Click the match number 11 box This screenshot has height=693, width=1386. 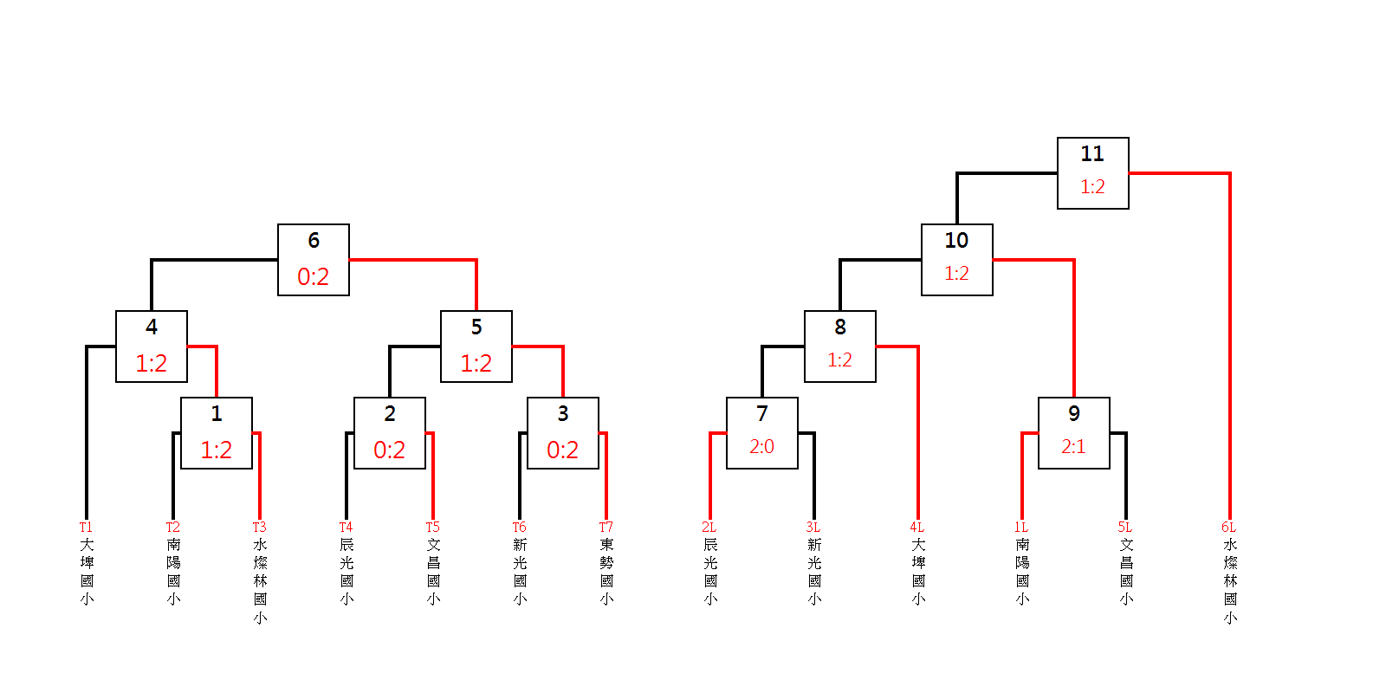pos(1092,172)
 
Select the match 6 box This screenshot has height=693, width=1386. pos(313,259)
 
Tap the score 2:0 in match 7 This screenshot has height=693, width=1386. pos(761,447)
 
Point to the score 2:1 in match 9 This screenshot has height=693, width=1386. pos(1073,447)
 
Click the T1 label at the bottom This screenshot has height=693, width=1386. pos(86,527)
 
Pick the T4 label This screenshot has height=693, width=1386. pos(346,527)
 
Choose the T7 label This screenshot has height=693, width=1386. pos(606,527)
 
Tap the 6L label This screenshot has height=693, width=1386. pos(1228,527)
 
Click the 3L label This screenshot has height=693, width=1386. pos(813,527)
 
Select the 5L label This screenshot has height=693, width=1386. pos(1124,527)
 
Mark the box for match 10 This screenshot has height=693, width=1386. pos(956,259)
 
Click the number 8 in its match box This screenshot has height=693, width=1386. pos(839,327)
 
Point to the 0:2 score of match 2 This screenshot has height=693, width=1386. pos(389,450)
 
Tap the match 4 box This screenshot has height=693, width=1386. pos(151,346)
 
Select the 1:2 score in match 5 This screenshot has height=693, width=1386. pos(476,364)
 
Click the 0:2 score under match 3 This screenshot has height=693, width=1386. pos(562,450)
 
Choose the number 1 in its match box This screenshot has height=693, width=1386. pos(216,414)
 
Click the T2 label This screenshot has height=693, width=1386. pos(172,527)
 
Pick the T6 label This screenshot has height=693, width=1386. pos(519,527)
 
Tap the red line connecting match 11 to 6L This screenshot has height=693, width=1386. pos(1229,346)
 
